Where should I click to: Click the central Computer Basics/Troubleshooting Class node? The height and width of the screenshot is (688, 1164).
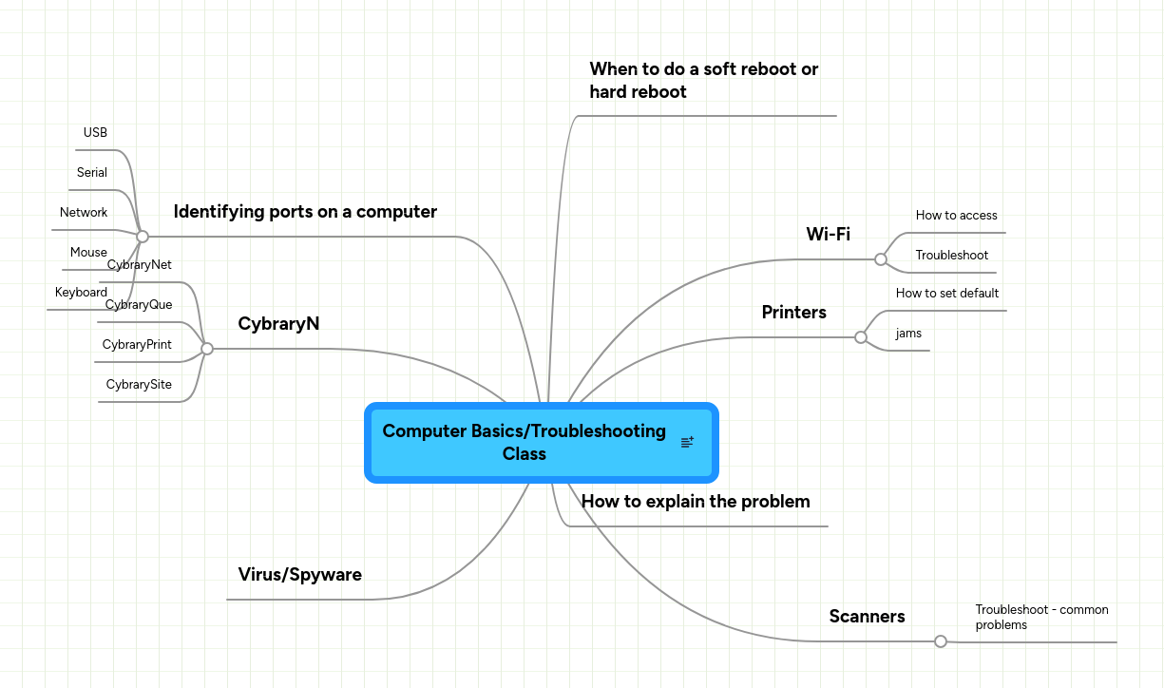click(x=524, y=442)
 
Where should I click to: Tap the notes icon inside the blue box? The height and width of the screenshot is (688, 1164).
click(x=687, y=442)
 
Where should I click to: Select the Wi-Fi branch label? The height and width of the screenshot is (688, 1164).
click(x=828, y=235)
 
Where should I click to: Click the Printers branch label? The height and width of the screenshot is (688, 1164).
click(x=793, y=313)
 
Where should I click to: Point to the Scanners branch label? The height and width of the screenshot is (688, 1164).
click(x=867, y=617)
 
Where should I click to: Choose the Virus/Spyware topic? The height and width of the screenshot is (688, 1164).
click(x=299, y=575)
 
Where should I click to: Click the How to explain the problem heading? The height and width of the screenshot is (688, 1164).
click(x=695, y=502)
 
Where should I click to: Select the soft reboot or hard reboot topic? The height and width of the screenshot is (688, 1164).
click(x=703, y=81)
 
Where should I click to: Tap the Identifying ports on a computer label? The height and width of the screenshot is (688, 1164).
click(x=305, y=212)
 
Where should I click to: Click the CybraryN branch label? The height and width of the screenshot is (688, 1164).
click(x=278, y=324)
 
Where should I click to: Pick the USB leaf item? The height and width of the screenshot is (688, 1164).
click(x=95, y=133)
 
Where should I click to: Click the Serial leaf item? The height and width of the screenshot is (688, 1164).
click(x=92, y=173)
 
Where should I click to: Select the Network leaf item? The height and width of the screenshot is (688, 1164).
click(x=84, y=213)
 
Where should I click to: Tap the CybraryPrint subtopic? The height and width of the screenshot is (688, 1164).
click(x=137, y=345)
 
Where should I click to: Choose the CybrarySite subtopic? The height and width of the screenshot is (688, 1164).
click(x=139, y=385)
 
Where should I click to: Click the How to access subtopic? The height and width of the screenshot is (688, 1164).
click(x=956, y=216)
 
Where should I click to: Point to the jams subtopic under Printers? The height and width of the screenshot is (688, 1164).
click(x=908, y=334)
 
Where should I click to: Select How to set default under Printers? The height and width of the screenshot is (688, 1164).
click(x=946, y=294)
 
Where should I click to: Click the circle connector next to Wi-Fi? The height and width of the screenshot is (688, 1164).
click(x=881, y=259)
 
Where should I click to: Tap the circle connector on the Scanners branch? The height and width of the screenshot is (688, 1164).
click(x=941, y=641)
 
